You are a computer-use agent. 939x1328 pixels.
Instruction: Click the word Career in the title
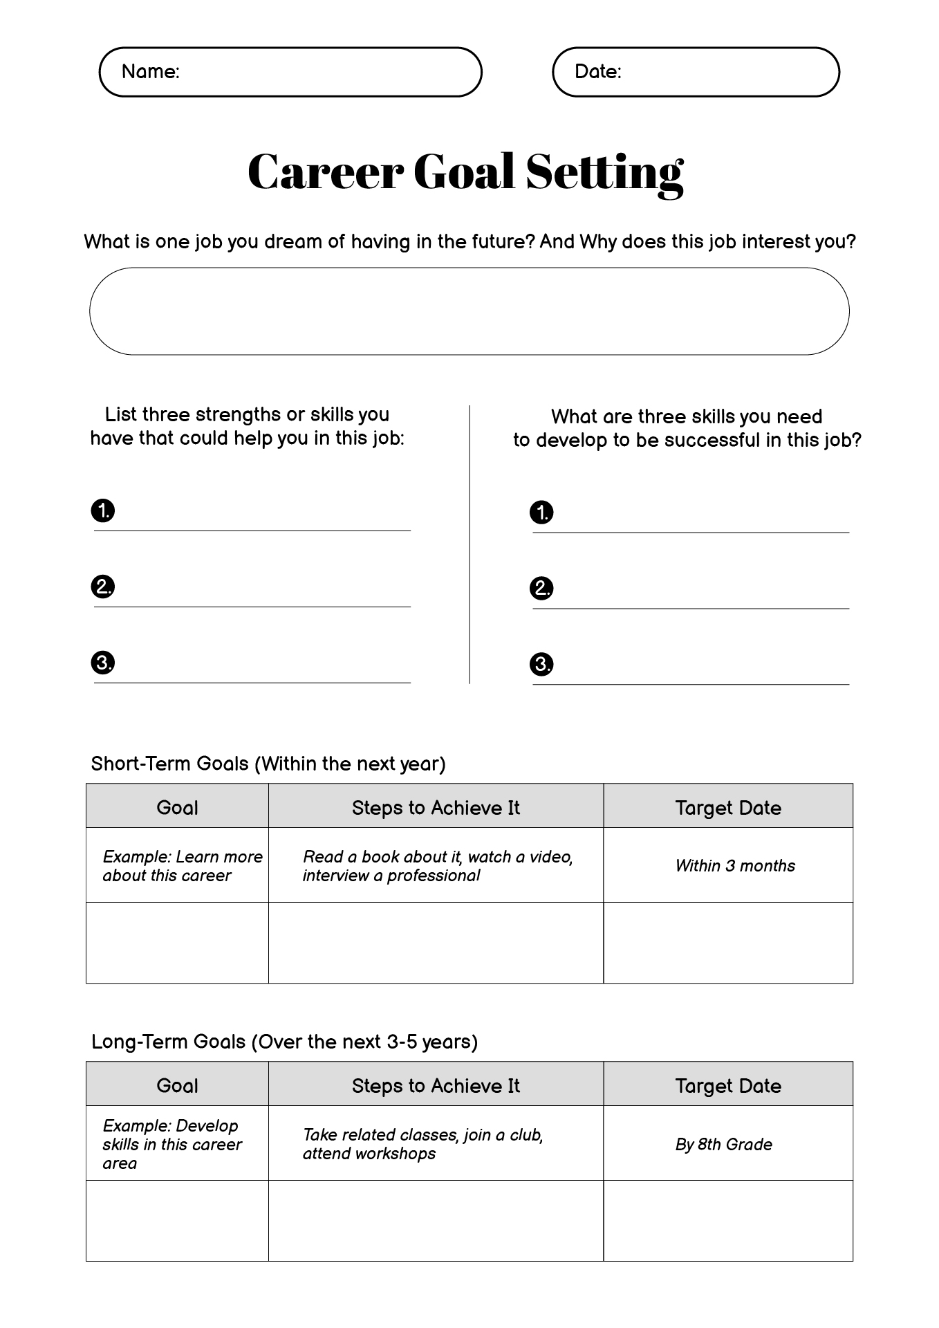point(325,172)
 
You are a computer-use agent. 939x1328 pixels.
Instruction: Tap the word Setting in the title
point(604,172)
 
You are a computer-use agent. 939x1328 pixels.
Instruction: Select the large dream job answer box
point(469,311)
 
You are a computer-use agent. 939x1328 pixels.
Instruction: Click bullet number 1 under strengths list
point(103,511)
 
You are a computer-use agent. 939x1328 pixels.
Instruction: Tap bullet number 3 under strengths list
point(103,663)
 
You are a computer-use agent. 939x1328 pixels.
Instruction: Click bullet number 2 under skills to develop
point(541,589)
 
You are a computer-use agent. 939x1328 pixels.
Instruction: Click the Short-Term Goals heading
point(268,764)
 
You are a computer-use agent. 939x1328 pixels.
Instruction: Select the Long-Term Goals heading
point(284,1042)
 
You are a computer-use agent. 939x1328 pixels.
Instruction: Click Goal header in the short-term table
point(177,807)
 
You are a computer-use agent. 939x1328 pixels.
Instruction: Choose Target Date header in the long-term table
point(728,1085)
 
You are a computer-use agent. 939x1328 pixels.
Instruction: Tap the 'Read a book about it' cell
point(436,865)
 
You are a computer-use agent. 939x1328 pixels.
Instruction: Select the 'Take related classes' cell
point(436,1144)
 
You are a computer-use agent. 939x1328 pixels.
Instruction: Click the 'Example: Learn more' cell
point(177,865)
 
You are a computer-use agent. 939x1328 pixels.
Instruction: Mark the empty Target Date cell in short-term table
point(728,943)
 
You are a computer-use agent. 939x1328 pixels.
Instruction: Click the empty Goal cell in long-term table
point(177,1221)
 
